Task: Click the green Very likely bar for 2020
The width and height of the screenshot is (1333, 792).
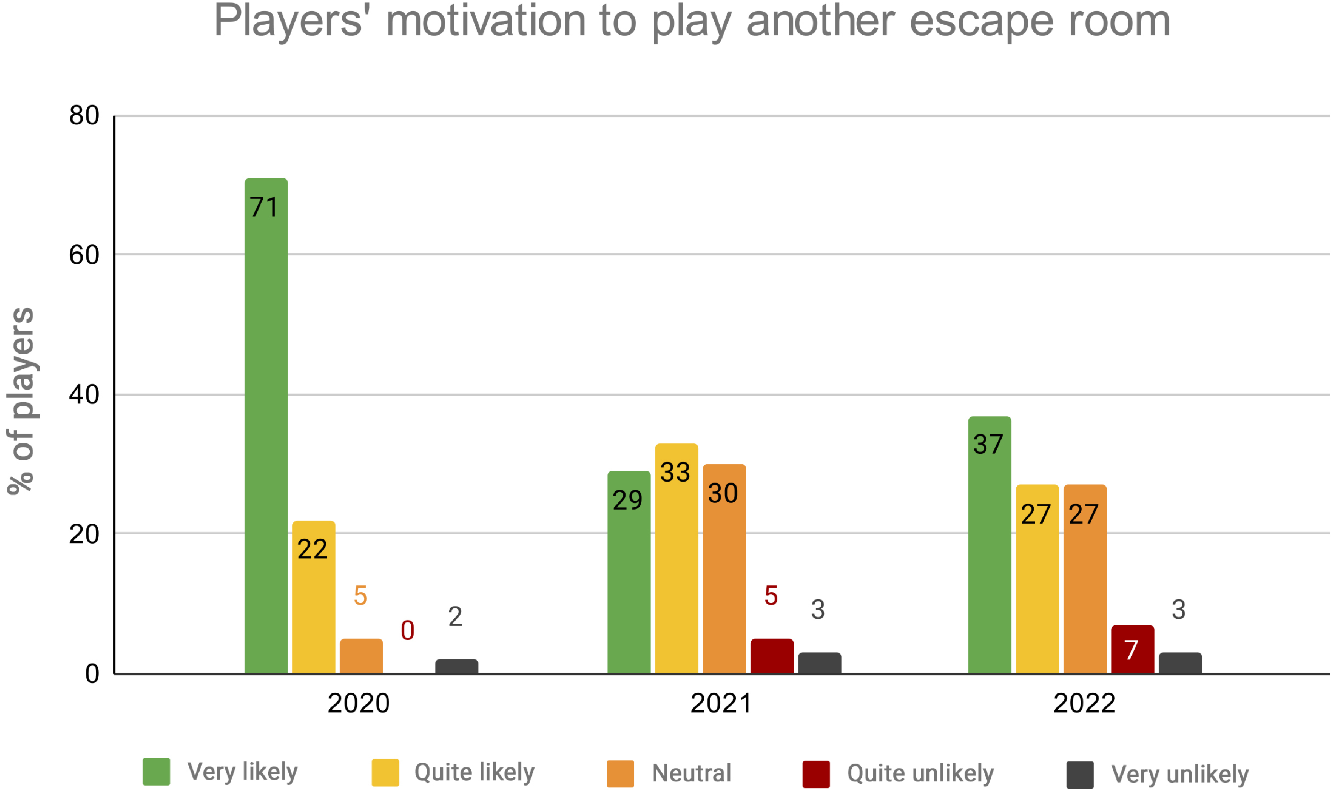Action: [266, 427]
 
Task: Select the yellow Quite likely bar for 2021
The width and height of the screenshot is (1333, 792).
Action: [676, 560]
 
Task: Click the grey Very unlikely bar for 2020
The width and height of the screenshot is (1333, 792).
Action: [456, 667]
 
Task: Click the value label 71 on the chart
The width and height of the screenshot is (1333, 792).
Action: [264, 207]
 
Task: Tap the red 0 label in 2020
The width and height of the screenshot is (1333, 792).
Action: [407, 630]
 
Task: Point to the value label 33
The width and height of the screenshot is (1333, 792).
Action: [675, 472]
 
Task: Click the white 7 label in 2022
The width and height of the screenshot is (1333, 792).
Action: [1131, 650]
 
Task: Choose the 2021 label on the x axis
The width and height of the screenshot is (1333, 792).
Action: [721, 703]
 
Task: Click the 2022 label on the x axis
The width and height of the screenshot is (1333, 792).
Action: [1084, 703]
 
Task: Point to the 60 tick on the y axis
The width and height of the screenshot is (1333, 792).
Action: [85, 255]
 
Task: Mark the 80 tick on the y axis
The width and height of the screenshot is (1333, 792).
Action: [85, 116]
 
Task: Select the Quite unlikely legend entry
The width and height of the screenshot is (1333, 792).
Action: [920, 773]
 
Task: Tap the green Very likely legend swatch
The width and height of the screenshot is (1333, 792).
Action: [156, 772]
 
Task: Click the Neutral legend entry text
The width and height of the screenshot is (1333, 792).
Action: [691, 773]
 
